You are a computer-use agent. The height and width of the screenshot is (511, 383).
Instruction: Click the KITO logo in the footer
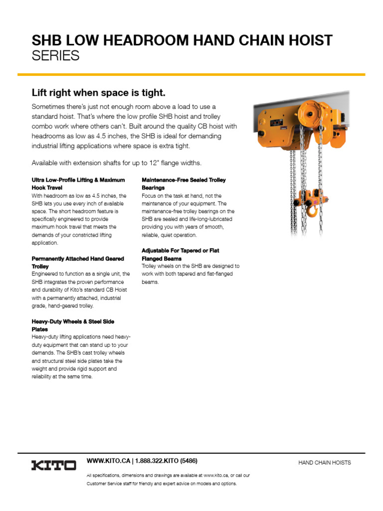pos(54,465)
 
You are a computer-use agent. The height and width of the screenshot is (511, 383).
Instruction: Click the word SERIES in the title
pos(55,56)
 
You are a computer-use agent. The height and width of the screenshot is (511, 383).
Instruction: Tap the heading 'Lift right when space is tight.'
pos(98,93)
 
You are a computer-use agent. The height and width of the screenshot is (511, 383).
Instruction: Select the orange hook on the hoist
pos(312,212)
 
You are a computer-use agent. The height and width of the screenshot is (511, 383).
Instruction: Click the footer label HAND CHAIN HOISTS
pos(325,463)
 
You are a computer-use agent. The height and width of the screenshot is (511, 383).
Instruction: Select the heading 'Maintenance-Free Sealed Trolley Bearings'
pos(184,183)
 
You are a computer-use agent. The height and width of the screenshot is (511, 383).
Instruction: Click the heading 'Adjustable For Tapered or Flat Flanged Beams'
pos(180,255)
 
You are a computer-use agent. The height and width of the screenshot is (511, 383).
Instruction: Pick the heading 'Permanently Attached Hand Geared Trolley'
pos(77,262)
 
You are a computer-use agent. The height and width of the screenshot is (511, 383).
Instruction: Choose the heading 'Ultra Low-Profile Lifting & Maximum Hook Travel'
pos(78,183)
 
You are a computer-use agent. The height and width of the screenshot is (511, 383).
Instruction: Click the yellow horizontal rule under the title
pos(191,74)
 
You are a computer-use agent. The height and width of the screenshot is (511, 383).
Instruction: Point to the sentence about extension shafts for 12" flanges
pos(117,163)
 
